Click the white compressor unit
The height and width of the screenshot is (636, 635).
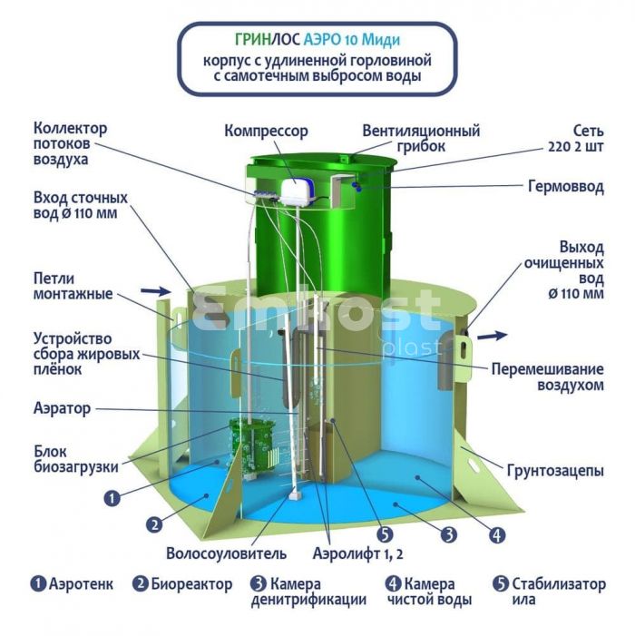tap(298, 191)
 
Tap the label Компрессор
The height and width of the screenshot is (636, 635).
tap(266, 132)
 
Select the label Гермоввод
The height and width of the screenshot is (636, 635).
tap(566, 187)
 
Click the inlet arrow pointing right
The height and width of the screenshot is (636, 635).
tap(156, 290)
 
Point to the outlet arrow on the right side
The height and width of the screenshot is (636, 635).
tap(492, 336)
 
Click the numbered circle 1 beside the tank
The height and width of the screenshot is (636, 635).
tap(112, 498)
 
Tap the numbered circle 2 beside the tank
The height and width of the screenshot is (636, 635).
tap(154, 525)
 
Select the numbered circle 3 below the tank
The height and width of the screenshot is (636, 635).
tap(448, 534)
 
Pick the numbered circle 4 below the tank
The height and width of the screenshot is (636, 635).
tap(497, 535)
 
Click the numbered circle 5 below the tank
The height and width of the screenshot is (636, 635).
tap(385, 534)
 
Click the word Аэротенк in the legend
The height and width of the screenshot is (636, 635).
tap(81, 584)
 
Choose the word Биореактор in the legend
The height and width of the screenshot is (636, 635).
tap(191, 584)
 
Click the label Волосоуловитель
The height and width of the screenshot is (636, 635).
tap(226, 553)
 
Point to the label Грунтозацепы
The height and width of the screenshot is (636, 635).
tap(555, 471)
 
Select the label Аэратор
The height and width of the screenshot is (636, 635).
tap(62, 408)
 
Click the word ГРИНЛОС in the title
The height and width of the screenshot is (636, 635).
tap(268, 39)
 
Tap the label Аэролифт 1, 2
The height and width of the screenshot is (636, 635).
tap(357, 553)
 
